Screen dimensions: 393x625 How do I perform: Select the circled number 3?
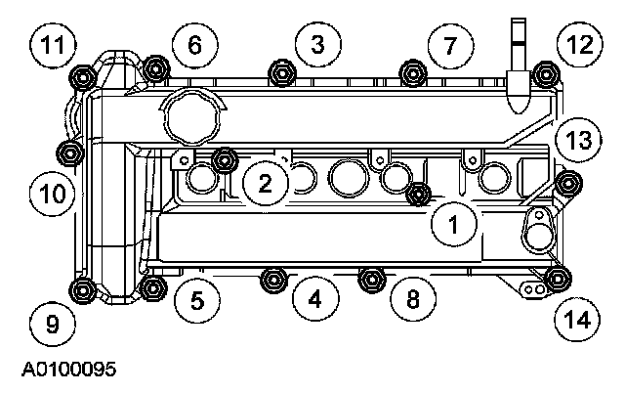tap(317, 42)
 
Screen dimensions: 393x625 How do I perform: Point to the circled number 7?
tap(449, 45)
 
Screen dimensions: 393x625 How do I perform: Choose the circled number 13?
tap(578, 141)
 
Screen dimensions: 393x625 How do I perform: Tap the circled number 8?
tap(413, 299)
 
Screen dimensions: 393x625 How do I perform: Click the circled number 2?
tap(266, 182)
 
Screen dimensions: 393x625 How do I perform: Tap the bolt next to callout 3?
tap(282, 72)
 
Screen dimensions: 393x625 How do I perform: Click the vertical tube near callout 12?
tap(518, 59)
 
